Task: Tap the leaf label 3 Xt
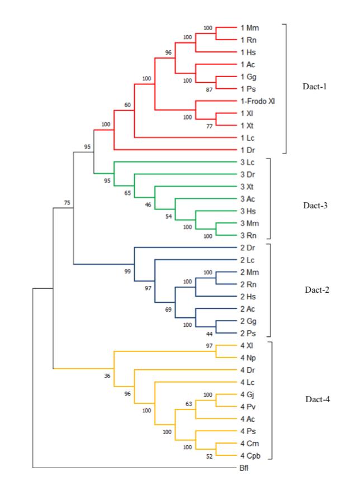coord(248,187)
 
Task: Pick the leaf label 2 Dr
coord(248,247)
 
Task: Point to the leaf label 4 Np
coord(248,357)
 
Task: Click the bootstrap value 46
coord(149,205)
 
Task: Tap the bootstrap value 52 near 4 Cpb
coord(210,457)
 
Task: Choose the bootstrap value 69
coord(169,309)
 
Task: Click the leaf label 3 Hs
coord(248,211)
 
